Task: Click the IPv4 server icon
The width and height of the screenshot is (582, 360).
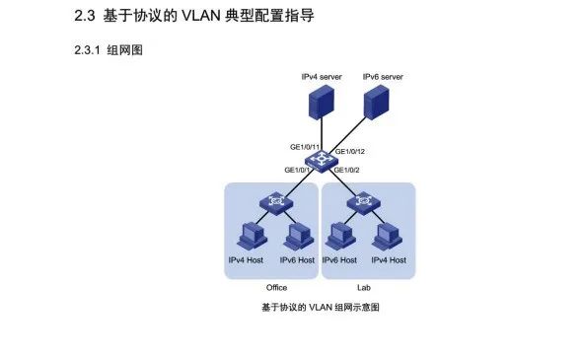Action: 321,103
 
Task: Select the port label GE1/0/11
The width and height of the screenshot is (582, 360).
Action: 305,147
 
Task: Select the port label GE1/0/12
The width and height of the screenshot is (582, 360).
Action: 350,151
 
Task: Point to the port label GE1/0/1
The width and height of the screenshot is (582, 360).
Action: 298,170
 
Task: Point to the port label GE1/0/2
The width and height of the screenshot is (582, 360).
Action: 346,170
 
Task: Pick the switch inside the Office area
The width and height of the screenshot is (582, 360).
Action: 272,203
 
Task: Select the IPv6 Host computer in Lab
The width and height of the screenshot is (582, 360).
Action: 340,237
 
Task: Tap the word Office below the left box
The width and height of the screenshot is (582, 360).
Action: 276,287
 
